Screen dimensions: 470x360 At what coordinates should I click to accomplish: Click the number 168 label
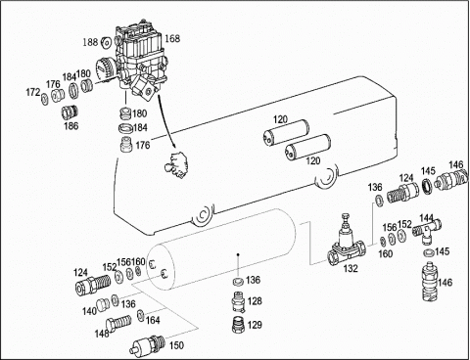click(x=172, y=38)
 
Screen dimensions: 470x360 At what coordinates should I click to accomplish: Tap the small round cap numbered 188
click(x=106, y=43)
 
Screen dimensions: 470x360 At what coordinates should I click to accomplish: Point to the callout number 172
click(x=32, y=93)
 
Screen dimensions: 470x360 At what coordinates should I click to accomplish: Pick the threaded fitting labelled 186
click(x=70, y=112)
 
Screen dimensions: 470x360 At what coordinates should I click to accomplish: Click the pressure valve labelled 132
click(x=346, y=242)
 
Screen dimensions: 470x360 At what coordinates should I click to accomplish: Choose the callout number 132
click(x=351, y=268)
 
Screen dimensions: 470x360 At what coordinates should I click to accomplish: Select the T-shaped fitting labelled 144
click(x=427, y=230)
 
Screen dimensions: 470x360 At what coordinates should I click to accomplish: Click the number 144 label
click(x=426, y=217)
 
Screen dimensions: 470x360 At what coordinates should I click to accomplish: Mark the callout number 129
click(x=255, y=325)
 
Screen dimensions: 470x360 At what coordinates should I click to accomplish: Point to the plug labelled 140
click(x=104, y=305)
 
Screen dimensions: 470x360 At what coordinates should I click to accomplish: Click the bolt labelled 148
click(x=118, y=323)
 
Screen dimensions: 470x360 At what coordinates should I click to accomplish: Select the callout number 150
click(x=176, y=345)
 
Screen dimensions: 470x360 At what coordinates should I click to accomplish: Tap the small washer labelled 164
click(x=141, y=315)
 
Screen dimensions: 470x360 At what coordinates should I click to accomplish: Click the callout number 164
click(x=153, y=321)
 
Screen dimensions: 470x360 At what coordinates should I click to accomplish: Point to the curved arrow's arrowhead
click(x=173, y=146)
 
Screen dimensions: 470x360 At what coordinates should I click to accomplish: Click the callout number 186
click(x=71, y=125)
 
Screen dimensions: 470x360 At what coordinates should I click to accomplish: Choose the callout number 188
click(x=90, y=42)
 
